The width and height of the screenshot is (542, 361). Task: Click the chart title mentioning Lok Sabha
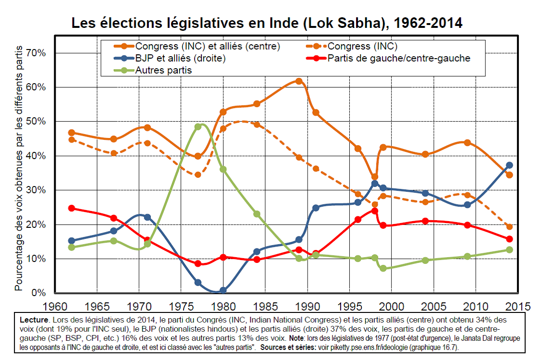pos(267,23)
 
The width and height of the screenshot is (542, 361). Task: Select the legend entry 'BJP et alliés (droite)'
pos(180,59)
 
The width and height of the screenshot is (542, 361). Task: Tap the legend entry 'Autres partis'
pos(163,71)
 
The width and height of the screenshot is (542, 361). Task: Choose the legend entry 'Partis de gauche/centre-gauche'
pos(398,59)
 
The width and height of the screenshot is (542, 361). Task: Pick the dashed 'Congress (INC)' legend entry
pos(362,47)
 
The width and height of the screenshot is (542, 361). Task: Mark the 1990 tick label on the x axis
pos(307,306)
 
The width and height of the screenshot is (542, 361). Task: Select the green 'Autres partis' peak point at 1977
pos(198,127)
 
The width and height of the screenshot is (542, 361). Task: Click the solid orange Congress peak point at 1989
pos(299,81)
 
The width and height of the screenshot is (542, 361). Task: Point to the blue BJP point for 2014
pos(509,165)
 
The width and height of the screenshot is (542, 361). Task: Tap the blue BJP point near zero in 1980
pos(223,290)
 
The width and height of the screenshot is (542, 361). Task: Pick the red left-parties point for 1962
pos(72,208)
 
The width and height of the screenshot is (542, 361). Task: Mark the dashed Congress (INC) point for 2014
pos(509,226)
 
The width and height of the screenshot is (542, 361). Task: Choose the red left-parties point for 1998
pos(375,211)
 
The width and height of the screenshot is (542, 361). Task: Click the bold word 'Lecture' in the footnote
pos(35,320)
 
